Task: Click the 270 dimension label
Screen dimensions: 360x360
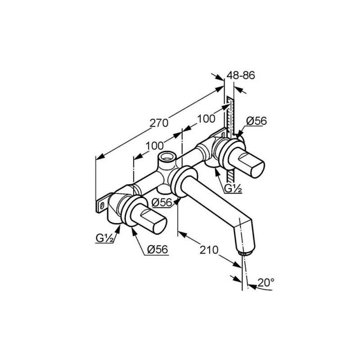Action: [x=159, y=123]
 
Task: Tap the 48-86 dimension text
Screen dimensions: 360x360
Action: [x=241, y=75]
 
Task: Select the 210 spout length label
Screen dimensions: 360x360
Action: [x=209, y=250]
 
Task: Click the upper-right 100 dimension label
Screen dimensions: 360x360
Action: [x=206, y=119]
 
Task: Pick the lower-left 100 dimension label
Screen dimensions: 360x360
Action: [x=154, y=145]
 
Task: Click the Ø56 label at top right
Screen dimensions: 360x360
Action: [x=256, y=121]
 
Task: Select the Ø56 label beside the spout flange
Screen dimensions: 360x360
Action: [x=162, y=202]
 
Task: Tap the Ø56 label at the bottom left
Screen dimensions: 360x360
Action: [x=157, y=249]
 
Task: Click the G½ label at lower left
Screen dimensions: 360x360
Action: [x=105, y=239]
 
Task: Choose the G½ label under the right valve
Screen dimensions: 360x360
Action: [x=233, y=188]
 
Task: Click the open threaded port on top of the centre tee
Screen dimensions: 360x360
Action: [x=166, y=157]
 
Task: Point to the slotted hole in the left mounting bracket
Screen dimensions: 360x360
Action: [x=102, y=205]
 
